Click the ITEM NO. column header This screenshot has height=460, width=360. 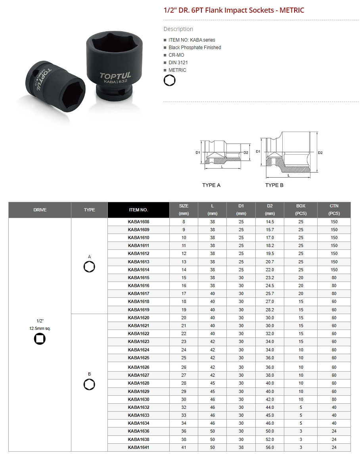pyautogui.click(x=138, y=210)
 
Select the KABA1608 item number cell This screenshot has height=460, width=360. pyautogui.click(x=138, y=222)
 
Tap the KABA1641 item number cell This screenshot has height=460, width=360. pyautogui.click(x=138, y=447)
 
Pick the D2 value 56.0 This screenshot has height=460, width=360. pyautogui.click(x=270, y=447)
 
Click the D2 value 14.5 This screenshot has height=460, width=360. pyautogui.click(x=270, y=222)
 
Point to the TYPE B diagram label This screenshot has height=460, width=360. pyautogui.click(x=274, y=185)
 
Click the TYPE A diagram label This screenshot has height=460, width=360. pyautogui.click(x=211, y=185)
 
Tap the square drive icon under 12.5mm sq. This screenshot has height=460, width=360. pyautogui.click(x=40, y=339)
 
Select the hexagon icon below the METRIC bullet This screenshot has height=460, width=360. pyautogui.click(x=170, y=80)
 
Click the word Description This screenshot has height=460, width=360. pyautogui.click(x=178, y=29)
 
